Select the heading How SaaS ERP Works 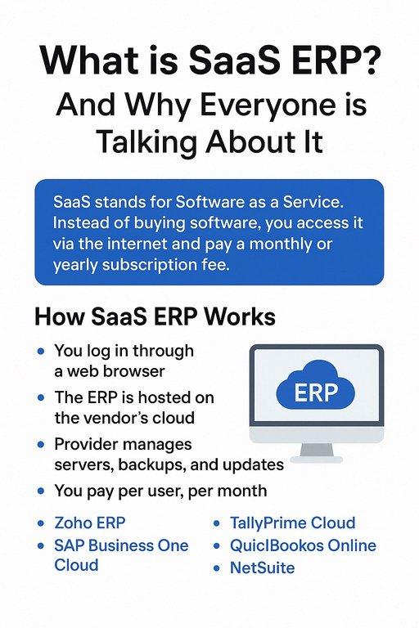pos(155,316)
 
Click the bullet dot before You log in pos(41,352)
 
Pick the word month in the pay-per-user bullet pos(238,491)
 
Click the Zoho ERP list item pos(90,523)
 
